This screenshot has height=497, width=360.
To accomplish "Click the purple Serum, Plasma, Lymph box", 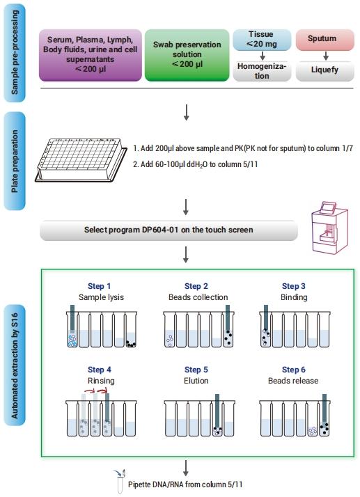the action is point(91,55).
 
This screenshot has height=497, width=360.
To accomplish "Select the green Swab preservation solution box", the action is point(187,55).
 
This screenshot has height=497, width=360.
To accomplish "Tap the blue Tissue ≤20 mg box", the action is point(262,40).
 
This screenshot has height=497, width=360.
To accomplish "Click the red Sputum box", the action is point(325,40).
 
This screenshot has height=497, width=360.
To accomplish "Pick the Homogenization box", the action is point(262,71).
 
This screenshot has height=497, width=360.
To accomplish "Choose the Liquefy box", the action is point(325,71).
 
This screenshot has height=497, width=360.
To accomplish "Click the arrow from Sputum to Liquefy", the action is point(325,56).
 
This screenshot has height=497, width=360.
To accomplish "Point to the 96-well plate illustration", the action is point(81,160).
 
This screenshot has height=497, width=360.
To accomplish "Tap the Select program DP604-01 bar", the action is point(169,230).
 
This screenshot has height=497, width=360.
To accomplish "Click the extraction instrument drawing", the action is point(330,227).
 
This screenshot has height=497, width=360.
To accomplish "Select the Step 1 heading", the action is point(100,286).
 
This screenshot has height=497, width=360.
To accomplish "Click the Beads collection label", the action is point(198,297).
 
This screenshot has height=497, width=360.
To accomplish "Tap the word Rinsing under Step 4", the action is point(101,381).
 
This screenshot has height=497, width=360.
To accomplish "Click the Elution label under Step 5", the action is point(196,381).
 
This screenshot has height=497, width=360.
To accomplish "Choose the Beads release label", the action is point(293,381).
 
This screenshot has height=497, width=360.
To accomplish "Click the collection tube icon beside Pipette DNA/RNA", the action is point(120,482).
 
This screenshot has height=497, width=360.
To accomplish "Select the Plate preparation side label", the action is point(15,161).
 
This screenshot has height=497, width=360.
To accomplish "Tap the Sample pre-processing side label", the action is point(15,53).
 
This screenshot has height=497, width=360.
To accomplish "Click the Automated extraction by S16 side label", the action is point(15,365).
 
